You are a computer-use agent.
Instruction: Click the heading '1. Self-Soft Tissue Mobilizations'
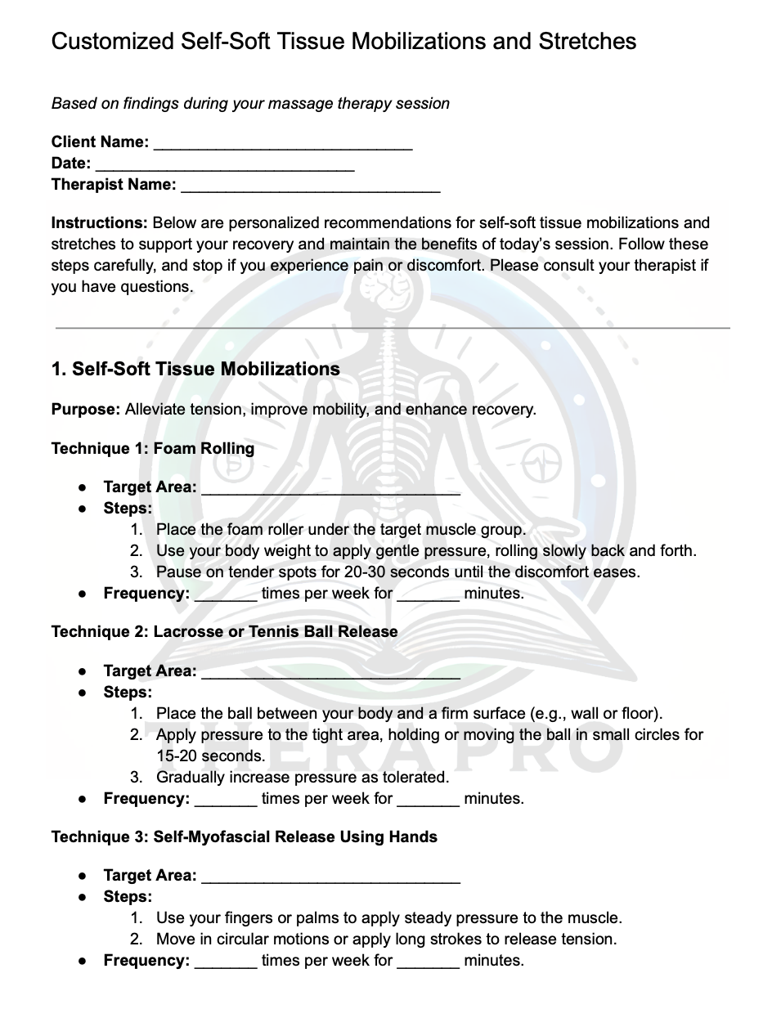[x=195, y=369]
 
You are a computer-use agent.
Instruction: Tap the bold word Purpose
[x=85, y=409]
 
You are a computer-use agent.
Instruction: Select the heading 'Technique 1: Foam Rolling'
[x=153, y=448]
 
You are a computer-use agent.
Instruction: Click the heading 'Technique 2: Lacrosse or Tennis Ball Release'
[x=224, y=631]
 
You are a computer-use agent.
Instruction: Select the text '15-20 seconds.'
[x=211, y=756]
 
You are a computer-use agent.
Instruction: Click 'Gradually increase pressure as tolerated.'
[x=303, y=777]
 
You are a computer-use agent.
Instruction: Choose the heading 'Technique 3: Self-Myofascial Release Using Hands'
[x=244, y=836]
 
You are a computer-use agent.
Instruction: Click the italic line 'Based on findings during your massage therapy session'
[x=250, y=103]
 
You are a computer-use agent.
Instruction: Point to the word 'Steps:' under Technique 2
[x=128, y=692]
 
